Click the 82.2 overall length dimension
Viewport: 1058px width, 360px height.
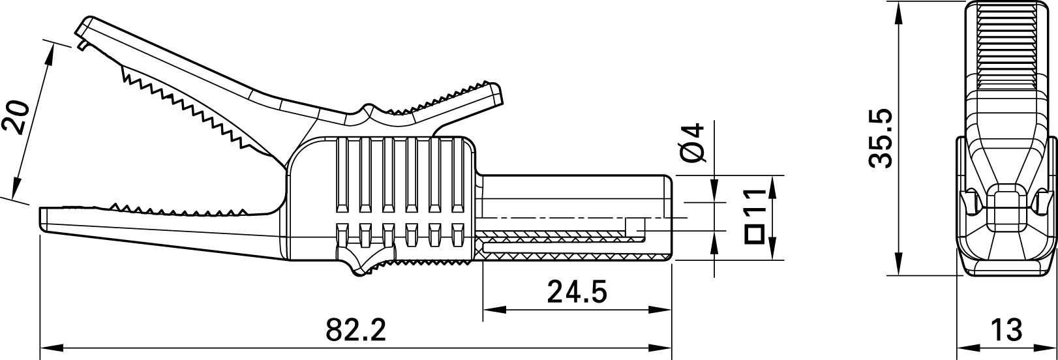[x=355, y=331]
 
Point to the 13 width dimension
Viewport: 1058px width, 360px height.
[x=1005, y=331]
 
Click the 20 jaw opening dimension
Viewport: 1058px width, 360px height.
[x=17, y=117]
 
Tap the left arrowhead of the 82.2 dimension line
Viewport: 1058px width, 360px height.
[x=47, y=346]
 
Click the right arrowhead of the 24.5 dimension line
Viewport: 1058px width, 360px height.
[x=665, y=309]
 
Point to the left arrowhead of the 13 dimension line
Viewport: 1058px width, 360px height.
[x=963, y=346]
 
